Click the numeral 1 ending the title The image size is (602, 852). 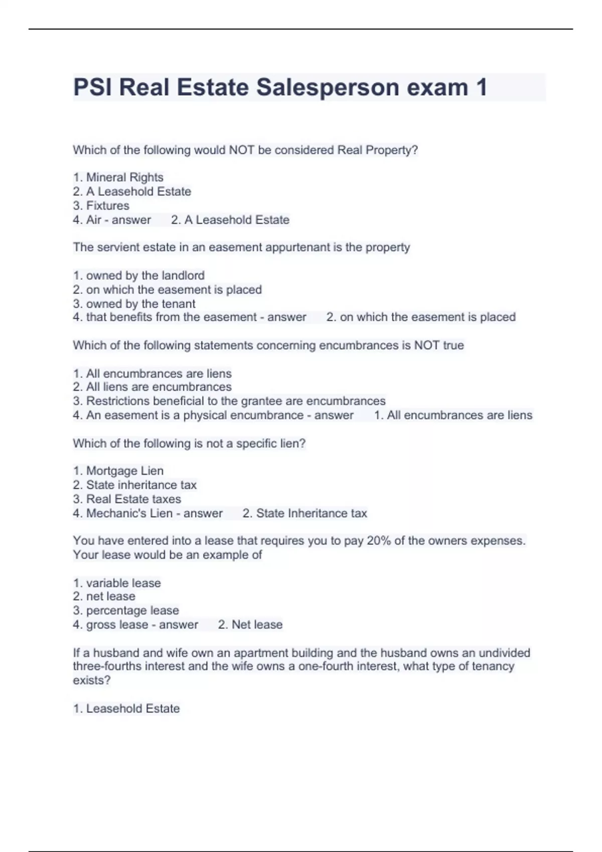click(x=481, y=87)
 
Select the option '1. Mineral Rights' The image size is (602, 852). click(x=118, y=177)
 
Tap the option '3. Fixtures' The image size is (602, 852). click(x=101, y=205)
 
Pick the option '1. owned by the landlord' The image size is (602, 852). click(x=139, y=275)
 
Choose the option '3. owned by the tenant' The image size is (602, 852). click(x=134, y=304)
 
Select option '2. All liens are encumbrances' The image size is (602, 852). click(x=153, y=387)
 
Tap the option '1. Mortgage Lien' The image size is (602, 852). click(x=118, y=471)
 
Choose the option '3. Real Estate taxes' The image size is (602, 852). click(x=127, y=499)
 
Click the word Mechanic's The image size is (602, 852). click(x=111, y=513)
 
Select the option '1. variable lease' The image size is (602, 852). click(x=117, y=583)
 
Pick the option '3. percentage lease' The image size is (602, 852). click(x=126, y=610)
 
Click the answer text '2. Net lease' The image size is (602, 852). click(x=250, y=624)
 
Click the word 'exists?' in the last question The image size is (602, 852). click(x=92, y=680)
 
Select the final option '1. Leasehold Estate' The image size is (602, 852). click(x=126, y=708)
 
